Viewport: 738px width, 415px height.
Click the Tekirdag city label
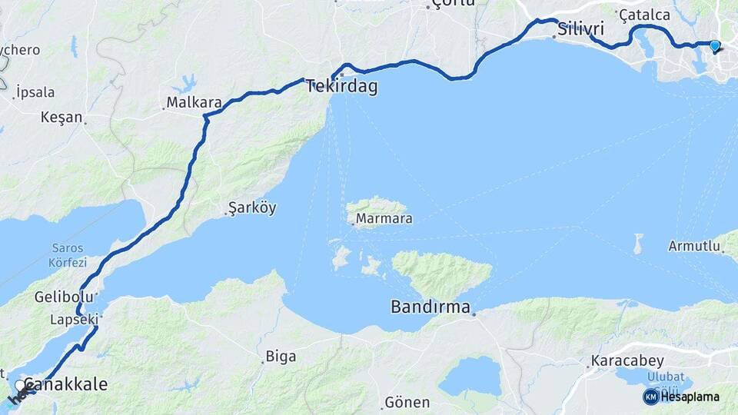(342, 87)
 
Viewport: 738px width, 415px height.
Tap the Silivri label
(580, 29)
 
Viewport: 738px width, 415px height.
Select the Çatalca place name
(644, 15)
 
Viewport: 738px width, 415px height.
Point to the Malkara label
(194, 102)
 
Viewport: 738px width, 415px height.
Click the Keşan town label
(61, 118)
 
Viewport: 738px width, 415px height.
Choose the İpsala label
(35, 92)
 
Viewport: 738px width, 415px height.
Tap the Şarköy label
(252, 208)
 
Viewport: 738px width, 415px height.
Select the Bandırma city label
(430, 307)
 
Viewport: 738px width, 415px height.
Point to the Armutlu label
(694, 247)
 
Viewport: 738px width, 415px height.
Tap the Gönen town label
(407, 403)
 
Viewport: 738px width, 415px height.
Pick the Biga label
(281, 356)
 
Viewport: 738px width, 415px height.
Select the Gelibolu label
(58, 297)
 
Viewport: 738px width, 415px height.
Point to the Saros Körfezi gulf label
(68, 254)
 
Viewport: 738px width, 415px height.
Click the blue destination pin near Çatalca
(715, 46)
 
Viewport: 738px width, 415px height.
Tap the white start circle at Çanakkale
(20, 385)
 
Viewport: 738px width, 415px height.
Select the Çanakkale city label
(65, 384)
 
